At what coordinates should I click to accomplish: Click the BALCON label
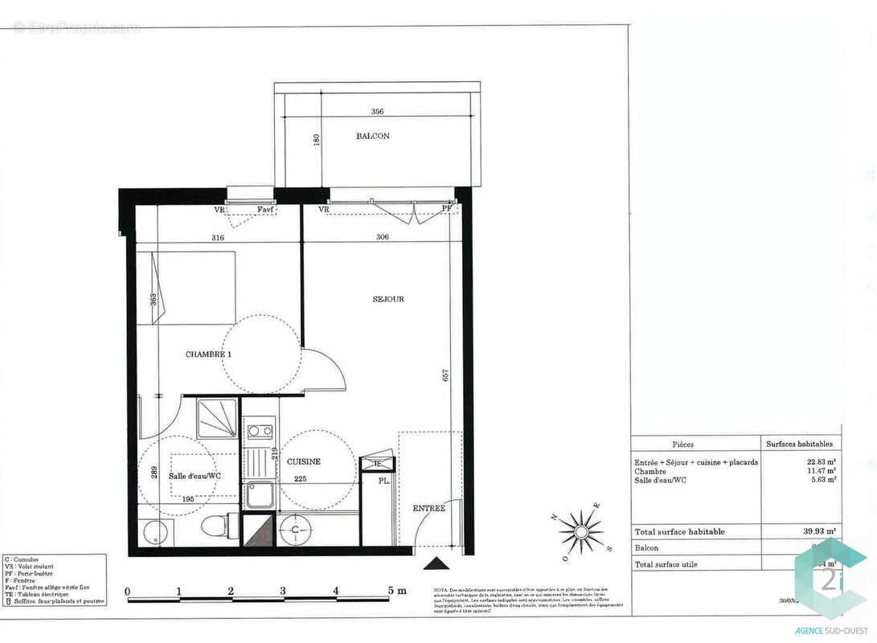click(373, 136)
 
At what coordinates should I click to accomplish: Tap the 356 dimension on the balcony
click(377, 112)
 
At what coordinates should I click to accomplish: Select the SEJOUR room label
click(388, 299)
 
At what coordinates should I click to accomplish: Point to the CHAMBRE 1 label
click(209, 354)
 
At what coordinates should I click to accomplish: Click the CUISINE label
click(303, 461)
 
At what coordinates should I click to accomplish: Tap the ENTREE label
click(428, 508)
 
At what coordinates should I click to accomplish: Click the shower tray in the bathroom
click(218, 418)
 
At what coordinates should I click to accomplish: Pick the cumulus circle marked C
click(296, 530)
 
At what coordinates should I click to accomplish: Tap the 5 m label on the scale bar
click(396, 591)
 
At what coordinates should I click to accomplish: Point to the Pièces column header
click(682, 444)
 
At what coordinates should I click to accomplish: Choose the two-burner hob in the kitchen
click(259, 431)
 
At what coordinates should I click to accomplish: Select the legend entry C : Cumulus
click(24, 559)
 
